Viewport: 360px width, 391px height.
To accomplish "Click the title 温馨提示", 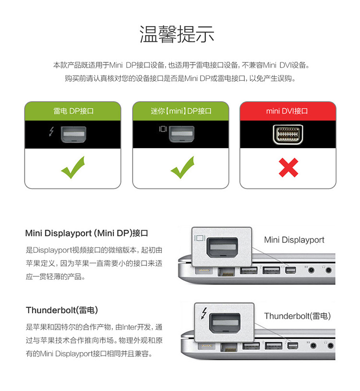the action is [x=177, y=34].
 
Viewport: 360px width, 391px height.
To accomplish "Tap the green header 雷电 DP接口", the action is [x=73, y=111].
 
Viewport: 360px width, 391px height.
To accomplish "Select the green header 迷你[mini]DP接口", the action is [x=180, y=111].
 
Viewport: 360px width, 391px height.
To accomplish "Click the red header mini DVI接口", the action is [x=288, y=111].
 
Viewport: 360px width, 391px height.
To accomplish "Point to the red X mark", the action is [x=288, y=167].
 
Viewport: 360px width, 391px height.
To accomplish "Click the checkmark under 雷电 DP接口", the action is [x=73, y=167].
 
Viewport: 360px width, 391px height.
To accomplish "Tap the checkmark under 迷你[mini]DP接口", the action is [x=182, y=167].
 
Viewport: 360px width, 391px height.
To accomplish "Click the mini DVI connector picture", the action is [x=288, y=134].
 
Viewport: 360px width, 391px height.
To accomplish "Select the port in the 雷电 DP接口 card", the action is [x=73, y=134].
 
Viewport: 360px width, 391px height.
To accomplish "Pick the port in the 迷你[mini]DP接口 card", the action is [x=181, y=134].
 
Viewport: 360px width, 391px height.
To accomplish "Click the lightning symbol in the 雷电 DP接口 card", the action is [x=51, y=131].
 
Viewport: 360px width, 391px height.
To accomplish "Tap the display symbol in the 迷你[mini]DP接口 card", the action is [x=163, y=129].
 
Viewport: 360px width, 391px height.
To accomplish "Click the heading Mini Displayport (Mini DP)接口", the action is [x=86, y=233].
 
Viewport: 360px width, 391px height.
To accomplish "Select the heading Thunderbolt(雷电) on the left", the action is [x=62, y=310].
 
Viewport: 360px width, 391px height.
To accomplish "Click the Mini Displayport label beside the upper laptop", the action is [x=294, y=240].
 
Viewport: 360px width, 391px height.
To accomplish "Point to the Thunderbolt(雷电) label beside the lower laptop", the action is [x=298, y=316].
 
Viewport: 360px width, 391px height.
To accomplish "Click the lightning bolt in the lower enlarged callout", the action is [x=204, y=313].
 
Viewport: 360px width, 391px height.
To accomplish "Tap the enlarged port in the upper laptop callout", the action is [x=222, y=248].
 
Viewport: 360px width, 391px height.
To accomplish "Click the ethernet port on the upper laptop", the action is [x=227, y=272].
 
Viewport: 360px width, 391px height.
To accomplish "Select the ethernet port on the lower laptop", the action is [x=229, y=347].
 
